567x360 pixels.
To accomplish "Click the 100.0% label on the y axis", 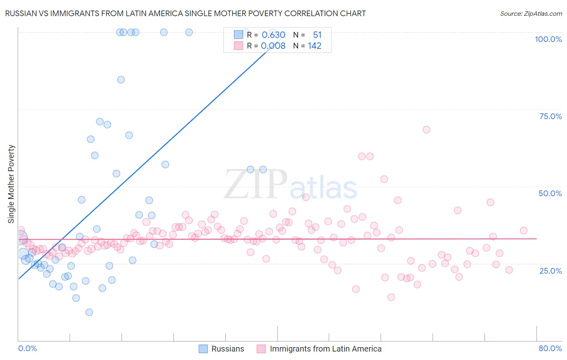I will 548,39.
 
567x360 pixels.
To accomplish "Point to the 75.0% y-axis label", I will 550,116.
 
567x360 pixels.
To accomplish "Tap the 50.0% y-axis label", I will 550,193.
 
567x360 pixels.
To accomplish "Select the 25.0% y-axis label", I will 550,270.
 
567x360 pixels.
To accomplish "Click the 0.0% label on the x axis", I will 27,348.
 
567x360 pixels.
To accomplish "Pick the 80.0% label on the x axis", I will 550,348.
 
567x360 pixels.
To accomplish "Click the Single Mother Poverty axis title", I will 11,184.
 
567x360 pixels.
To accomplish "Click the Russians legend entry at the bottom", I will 227,349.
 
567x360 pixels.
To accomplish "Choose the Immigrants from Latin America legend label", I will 325,349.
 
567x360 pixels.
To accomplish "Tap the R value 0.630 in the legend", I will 273,35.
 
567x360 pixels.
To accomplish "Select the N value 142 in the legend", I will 315,46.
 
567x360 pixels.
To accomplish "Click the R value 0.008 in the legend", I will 273,46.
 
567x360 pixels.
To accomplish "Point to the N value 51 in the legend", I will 317,35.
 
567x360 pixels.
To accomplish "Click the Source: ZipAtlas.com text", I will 531,13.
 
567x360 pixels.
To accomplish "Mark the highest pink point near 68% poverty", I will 426,130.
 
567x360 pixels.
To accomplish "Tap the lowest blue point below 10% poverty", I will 89,312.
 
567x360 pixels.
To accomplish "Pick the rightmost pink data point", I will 523,230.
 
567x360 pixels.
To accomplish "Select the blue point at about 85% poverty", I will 121,80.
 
